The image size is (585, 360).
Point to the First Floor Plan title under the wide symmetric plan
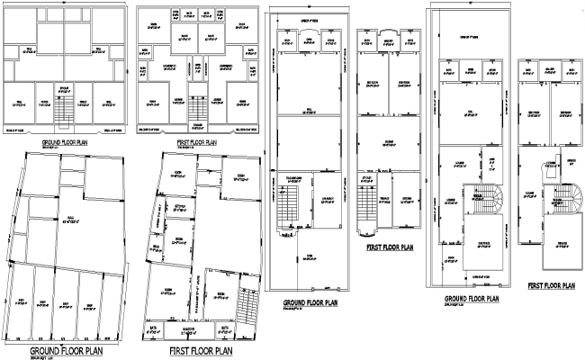197,142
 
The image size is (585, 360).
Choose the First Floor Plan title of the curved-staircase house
552,285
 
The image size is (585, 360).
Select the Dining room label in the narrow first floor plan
390,142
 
